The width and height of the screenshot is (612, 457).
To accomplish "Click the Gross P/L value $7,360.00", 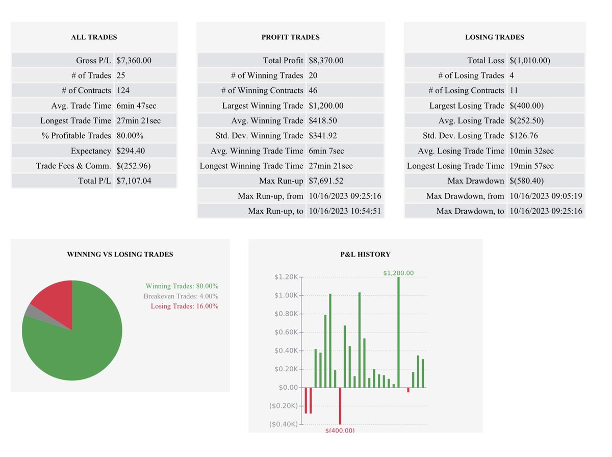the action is point(134,60).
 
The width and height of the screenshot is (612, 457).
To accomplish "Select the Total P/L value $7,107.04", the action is point(134,181).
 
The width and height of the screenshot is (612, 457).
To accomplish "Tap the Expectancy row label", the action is point(91,150).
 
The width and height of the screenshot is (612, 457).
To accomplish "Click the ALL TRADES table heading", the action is point(94,37).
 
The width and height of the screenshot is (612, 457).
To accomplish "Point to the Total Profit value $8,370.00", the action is point(326,60).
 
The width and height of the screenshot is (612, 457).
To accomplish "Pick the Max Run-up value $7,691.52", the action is point(326,181).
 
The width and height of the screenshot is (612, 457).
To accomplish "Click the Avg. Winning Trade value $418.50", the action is point(322,120).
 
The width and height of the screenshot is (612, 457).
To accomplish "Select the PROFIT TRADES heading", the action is point(290,37).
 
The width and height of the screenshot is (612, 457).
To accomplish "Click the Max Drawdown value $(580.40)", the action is point(526,181).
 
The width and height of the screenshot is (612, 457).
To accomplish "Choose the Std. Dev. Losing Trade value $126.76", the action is point(523,135).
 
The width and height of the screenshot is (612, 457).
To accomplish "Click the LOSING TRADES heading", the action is point(494,37).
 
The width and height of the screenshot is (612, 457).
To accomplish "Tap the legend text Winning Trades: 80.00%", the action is point(182,286).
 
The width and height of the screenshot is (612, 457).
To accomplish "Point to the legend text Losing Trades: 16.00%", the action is point(184,306).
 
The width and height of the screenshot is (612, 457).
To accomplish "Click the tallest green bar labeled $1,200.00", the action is point(398,332).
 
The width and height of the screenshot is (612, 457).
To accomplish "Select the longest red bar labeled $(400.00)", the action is point(340,405).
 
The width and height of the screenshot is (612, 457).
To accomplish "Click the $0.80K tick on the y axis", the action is point(286,314).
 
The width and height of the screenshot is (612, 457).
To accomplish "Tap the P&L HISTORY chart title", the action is point(365,254).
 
